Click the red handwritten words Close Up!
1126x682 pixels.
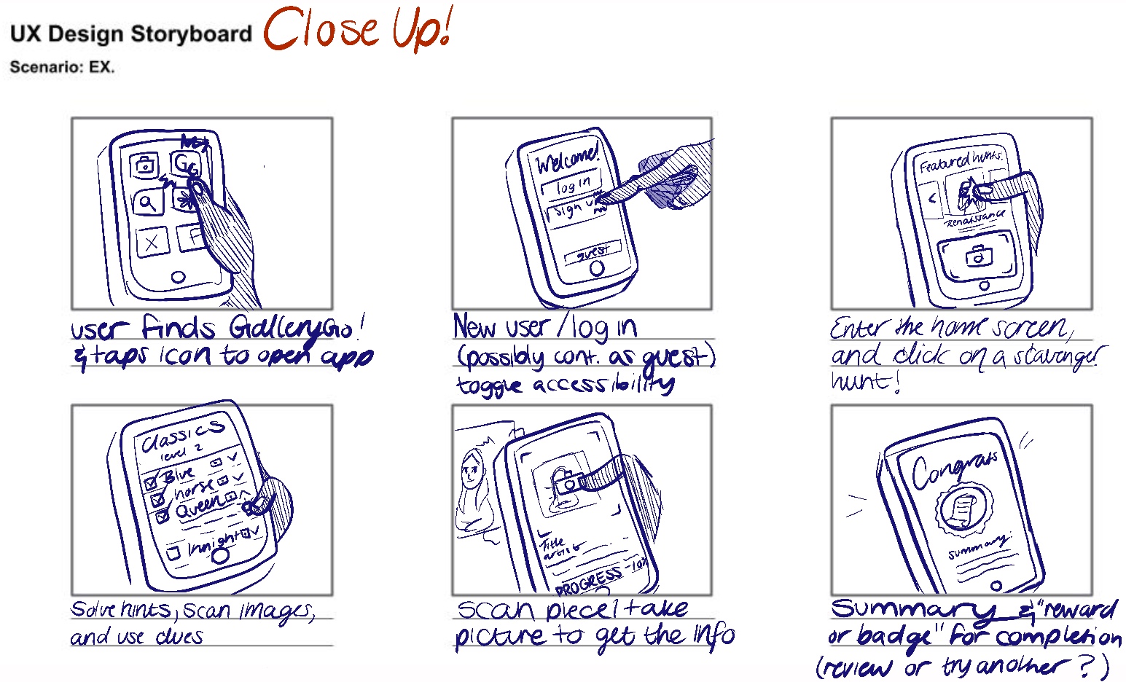coord(358,31)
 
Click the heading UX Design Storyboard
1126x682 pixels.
coord(130,34)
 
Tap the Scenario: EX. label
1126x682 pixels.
coord(62,68)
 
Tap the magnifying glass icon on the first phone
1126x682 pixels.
coord(148,202)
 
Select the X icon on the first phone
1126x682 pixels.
coord(152,242)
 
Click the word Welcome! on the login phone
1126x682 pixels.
coord(567,157)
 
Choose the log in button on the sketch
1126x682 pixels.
coord(571,185)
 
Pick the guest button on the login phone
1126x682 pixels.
coord(593,253)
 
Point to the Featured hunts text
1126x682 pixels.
coord(960,160)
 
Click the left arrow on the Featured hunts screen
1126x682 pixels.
coord(932,197)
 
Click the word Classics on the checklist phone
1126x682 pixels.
coord(182,432)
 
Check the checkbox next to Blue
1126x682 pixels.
coord(152,482)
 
